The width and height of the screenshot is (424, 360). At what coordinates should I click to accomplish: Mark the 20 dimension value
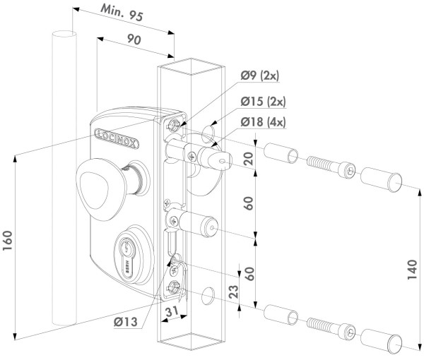pyautogui.click(x=247, y=159)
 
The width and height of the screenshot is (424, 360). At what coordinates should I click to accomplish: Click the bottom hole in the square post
pyautogui.click(x=208, y=294)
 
